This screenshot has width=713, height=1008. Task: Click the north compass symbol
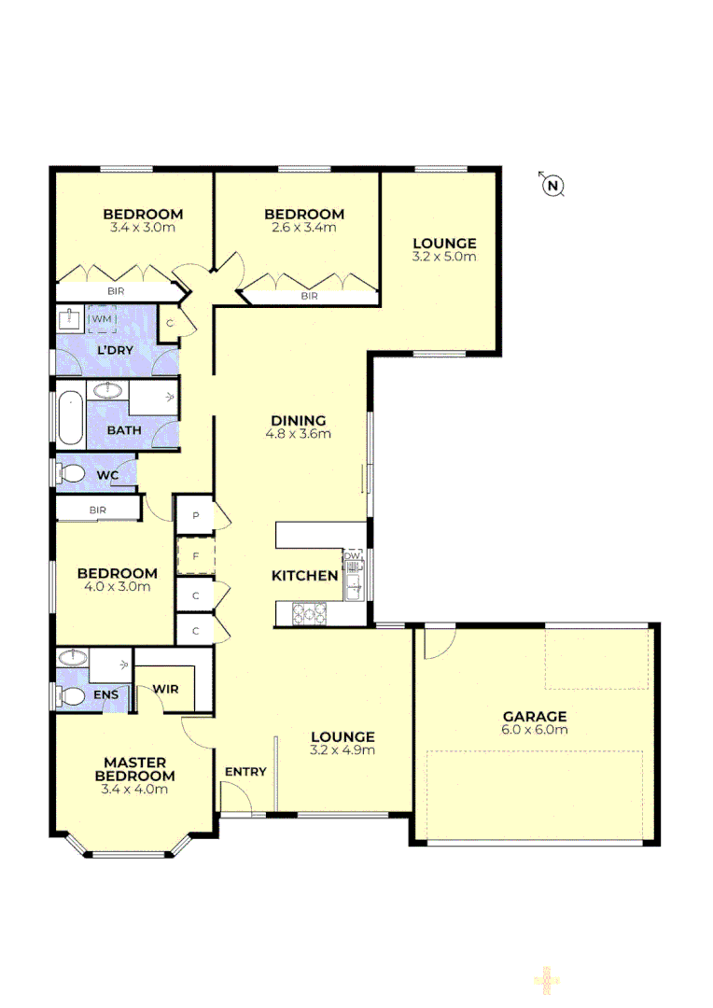[553, 186]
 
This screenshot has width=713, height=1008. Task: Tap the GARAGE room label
[532, 717]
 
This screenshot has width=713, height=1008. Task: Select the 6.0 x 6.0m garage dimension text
[532, 730]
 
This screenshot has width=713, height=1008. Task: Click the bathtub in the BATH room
[70, 420]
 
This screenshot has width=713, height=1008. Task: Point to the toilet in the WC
[71, 474]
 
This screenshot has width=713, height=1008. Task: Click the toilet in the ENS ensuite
[70, 695]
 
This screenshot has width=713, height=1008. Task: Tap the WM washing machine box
[101, 320]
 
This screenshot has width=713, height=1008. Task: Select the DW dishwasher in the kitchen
[352, 556]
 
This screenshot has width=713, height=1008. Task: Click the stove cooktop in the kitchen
[309, 613]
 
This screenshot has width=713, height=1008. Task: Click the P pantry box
[196, 515]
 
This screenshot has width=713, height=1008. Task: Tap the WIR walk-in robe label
[165, 690]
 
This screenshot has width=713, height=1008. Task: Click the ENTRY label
[245, 772]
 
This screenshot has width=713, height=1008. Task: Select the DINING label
[299, 420]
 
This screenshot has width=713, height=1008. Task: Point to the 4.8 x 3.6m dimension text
[299, 433]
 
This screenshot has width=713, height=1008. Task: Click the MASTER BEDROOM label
[134, 769]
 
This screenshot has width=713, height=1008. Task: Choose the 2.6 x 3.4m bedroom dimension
[302, 227]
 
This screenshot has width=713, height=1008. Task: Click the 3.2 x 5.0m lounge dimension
[444, 257]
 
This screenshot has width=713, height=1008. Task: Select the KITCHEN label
[304, 576]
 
